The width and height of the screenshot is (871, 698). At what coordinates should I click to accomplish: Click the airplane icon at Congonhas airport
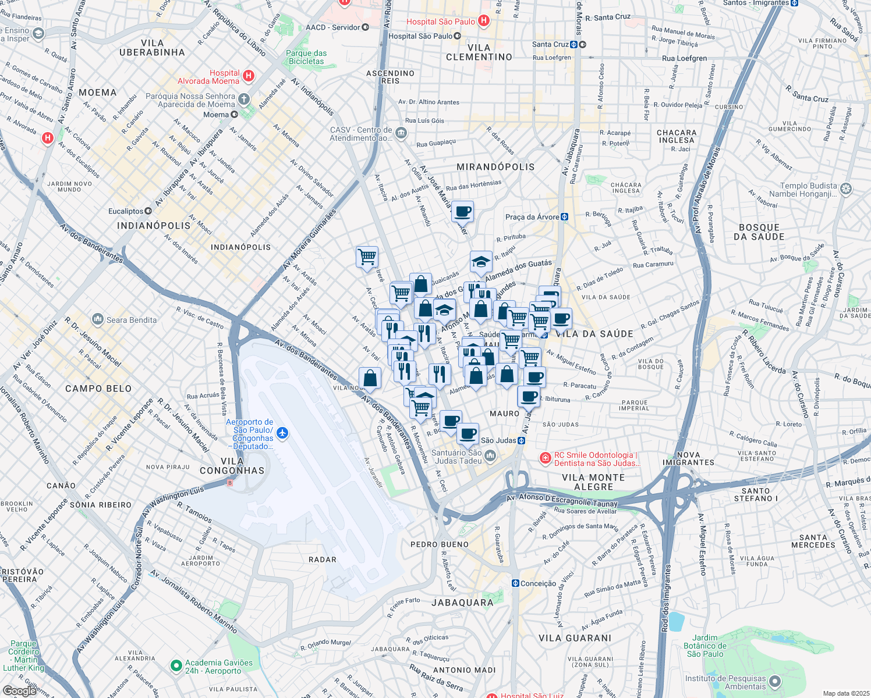282,433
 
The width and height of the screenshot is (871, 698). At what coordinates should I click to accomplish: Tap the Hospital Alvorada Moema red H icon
249,76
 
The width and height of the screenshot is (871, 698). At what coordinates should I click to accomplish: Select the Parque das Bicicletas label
306,57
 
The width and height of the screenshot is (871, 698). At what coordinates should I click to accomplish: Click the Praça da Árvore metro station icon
564,217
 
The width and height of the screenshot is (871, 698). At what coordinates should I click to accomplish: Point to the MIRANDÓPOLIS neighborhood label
495,167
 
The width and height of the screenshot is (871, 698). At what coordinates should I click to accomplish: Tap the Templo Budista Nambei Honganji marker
846,188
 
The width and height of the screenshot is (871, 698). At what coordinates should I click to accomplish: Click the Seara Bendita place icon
98,319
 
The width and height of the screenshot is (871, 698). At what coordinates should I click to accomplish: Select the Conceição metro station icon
515,583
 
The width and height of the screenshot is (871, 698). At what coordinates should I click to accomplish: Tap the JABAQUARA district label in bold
462,603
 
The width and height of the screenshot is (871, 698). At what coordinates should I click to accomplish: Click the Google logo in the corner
19,690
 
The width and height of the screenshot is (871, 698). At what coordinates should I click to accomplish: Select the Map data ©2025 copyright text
846,693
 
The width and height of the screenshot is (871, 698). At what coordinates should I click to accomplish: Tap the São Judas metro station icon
521,440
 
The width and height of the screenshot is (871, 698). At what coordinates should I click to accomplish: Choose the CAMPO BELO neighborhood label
98,389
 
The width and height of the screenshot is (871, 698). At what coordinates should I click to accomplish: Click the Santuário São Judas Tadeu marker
490,456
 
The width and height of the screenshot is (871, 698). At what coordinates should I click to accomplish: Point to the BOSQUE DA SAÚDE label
759,232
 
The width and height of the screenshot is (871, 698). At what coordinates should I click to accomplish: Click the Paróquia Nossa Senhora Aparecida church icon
244,99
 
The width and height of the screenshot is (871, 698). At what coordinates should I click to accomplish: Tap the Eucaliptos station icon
149,211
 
